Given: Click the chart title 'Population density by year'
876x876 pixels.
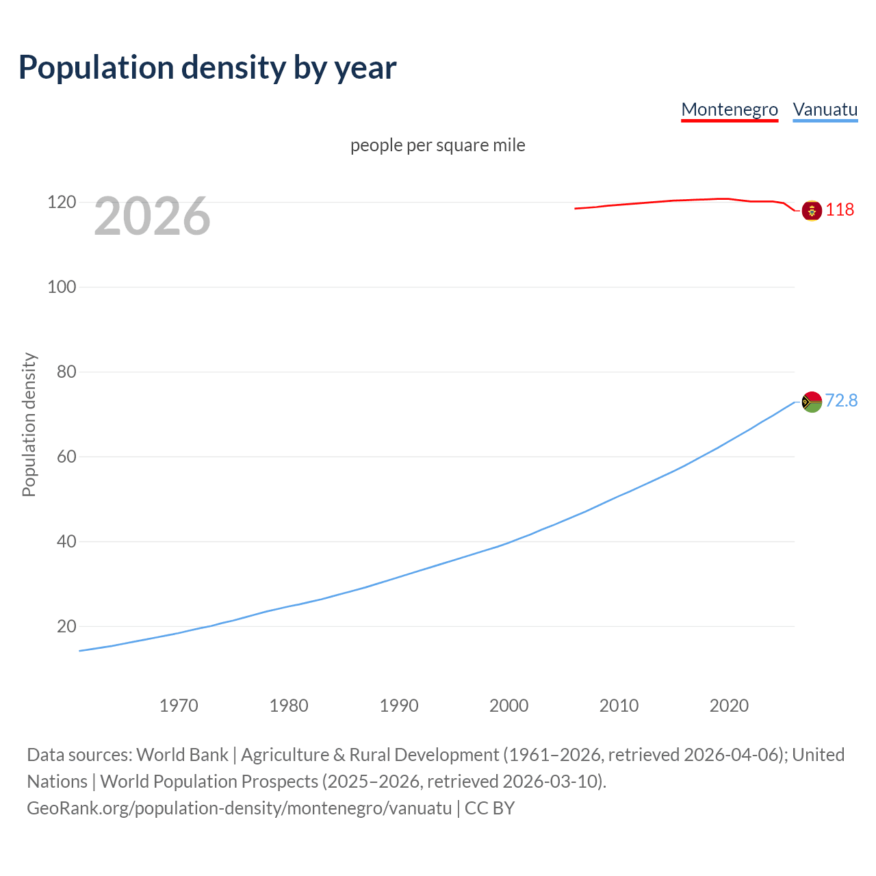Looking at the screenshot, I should (207, 68).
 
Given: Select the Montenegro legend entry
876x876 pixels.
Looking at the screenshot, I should (730, 109).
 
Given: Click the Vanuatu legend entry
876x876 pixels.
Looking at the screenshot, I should (825, 109).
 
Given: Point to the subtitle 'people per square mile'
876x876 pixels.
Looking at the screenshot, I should (438, 145).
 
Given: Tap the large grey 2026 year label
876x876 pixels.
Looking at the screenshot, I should (152, 216).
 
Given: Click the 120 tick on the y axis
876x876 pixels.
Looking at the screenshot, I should (62, 202).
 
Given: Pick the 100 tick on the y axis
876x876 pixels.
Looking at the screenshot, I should (62, 287).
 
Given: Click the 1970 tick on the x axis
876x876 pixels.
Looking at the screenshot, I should (179, 706).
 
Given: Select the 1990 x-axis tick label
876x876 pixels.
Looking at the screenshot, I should (399, 706).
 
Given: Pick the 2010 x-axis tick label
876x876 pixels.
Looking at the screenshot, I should (619, 706).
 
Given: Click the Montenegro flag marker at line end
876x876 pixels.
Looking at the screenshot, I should (812, 211).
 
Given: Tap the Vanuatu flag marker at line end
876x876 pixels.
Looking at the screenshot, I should (812, 402).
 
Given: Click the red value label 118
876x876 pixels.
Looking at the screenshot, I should (840, 209).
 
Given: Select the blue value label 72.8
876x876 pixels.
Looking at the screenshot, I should (841, 400).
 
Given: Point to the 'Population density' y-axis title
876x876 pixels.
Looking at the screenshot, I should (29, 424).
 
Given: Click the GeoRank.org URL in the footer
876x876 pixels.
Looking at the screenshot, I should (240, 808).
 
